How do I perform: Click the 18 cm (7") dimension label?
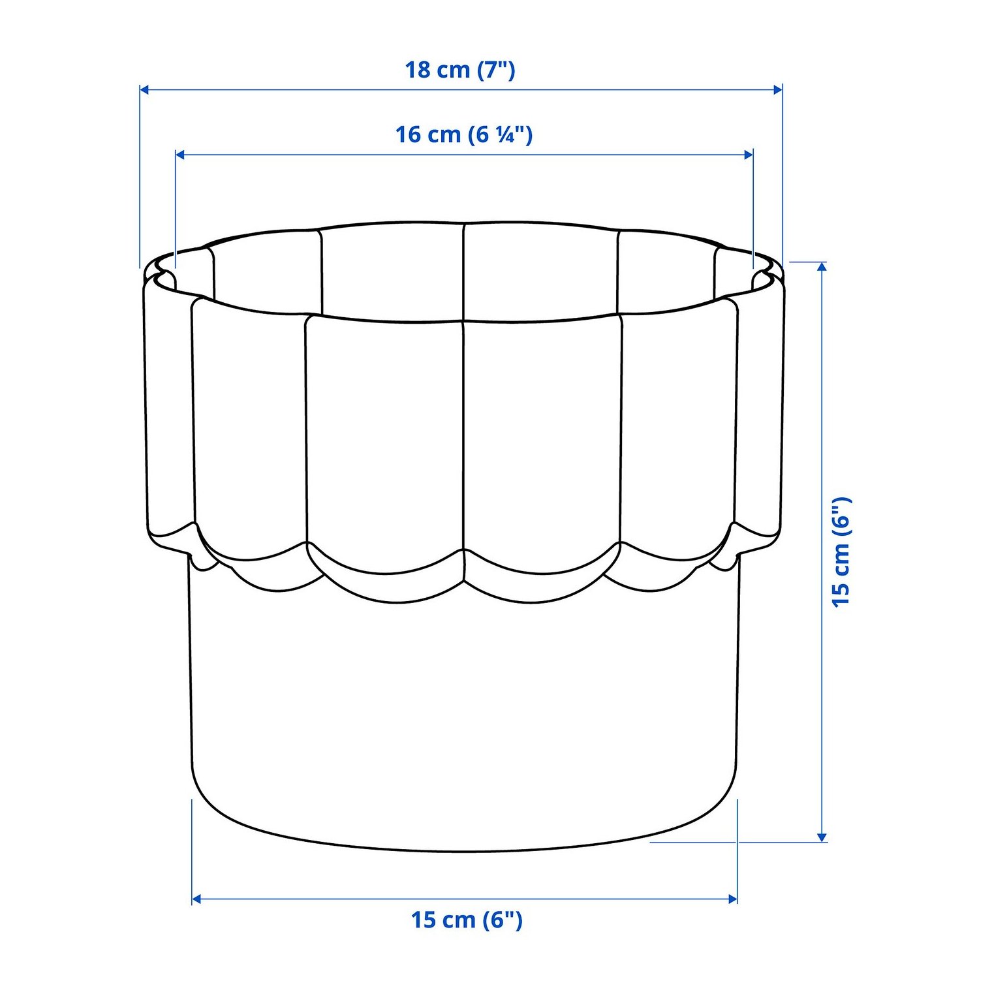460,69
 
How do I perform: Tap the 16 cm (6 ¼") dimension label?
464,134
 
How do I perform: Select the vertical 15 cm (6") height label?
841,551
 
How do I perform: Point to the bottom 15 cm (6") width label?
467,920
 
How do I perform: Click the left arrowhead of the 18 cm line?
145,89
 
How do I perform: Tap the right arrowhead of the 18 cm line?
777,89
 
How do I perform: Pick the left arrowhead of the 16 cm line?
181,155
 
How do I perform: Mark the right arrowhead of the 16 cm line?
748,155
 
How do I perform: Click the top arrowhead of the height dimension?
822,267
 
